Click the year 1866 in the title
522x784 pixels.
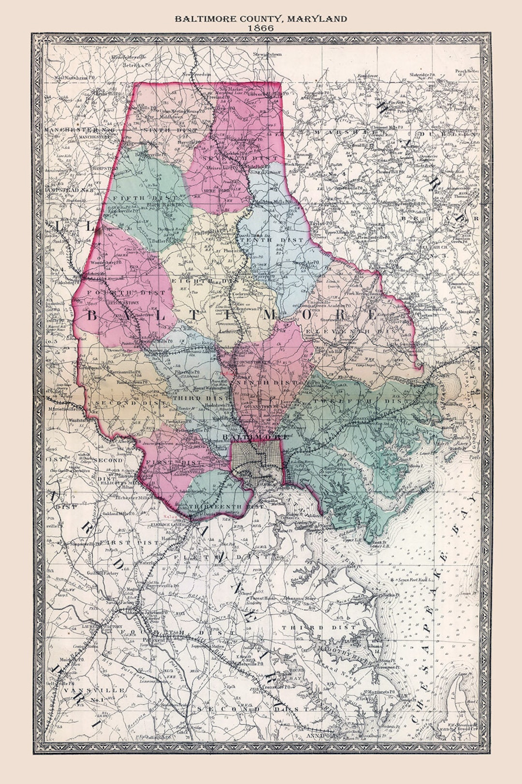[x=261, y=28]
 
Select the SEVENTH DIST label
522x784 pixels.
[x=240, y=158]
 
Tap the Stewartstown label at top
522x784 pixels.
[x=267, y=55]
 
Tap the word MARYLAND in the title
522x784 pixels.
[x=317, y=19]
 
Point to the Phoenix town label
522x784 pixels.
[x=232, y=251]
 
